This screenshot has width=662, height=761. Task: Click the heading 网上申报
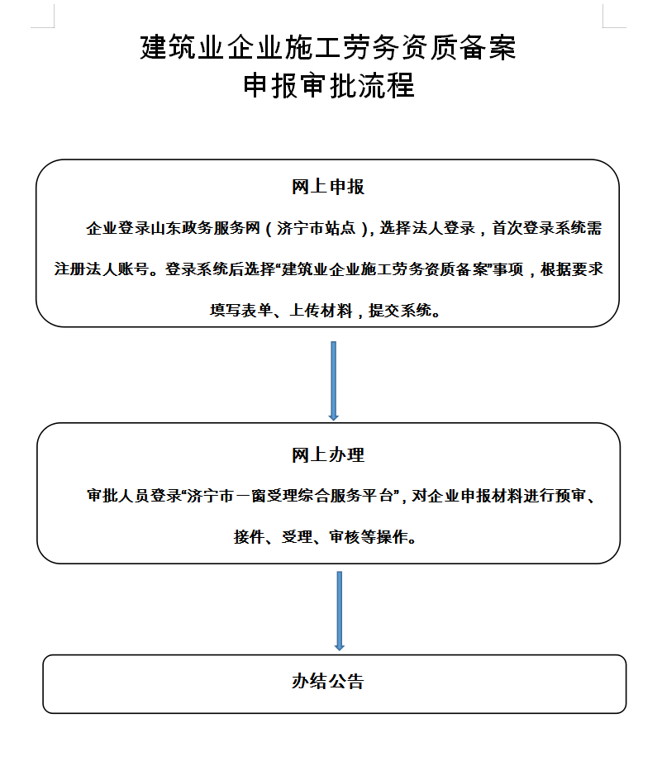point(327,187)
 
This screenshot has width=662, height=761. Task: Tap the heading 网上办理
point(327,454)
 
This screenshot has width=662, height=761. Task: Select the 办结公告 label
point(327,682)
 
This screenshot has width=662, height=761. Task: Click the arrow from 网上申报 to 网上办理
point(333,381)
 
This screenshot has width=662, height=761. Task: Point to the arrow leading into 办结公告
point(339,611)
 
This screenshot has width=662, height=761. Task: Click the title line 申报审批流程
point(329,85)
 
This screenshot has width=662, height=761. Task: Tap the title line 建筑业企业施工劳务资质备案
point(328,48)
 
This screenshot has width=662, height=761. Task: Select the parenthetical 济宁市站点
point(316,228)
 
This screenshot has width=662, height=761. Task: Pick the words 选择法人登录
point(427,228)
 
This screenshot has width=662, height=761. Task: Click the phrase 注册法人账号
point(102,269)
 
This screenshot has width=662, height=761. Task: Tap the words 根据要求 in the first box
point(572,269)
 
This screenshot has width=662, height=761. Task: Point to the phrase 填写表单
point(241,311)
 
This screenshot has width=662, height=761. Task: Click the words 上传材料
point(321,311)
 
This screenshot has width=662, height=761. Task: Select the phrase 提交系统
point(400,311)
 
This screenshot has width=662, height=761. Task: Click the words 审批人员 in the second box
point(118,496)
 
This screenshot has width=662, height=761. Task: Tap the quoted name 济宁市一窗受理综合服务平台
point(290,496)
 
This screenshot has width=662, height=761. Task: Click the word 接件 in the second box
point(250,537)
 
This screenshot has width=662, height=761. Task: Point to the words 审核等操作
point(369,537)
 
